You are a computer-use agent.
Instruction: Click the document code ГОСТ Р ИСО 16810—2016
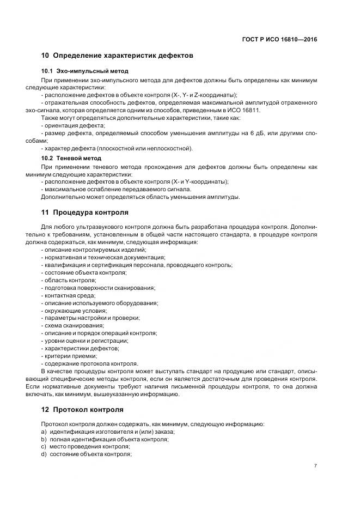[279, 40]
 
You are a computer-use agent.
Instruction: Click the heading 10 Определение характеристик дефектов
[117, 56]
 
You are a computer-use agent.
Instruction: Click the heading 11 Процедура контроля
[85, 211]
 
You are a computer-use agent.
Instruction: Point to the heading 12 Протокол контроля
[82, 409]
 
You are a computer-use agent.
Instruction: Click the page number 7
[316, 465]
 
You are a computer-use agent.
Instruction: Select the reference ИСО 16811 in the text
[247, 110]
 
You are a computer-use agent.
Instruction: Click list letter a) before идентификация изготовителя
[44, 432]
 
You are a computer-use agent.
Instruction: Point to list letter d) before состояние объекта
[44, 454]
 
